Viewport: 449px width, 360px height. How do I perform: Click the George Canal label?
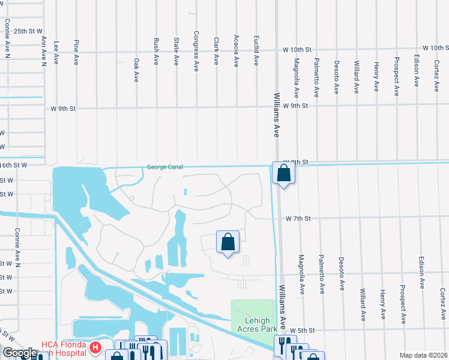pyautogui.click(x=165, y=167)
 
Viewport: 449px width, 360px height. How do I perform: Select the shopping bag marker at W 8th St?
pyautogui.click(x=283, y=173)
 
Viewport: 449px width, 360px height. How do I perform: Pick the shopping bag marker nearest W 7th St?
pyautogui.click(x=228, y=242)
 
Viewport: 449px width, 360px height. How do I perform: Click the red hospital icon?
pyautogui.click(x=94, y=347)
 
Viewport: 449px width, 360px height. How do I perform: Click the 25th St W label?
pyautogui.click(x=28, y=31)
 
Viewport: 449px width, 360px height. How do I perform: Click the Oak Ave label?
pyautogui.click(x=136, y=70)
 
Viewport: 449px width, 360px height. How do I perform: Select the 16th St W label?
pyautogui.click(x=13, y=164)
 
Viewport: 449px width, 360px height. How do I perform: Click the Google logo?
pyautogui.click(x=19, y=353)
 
